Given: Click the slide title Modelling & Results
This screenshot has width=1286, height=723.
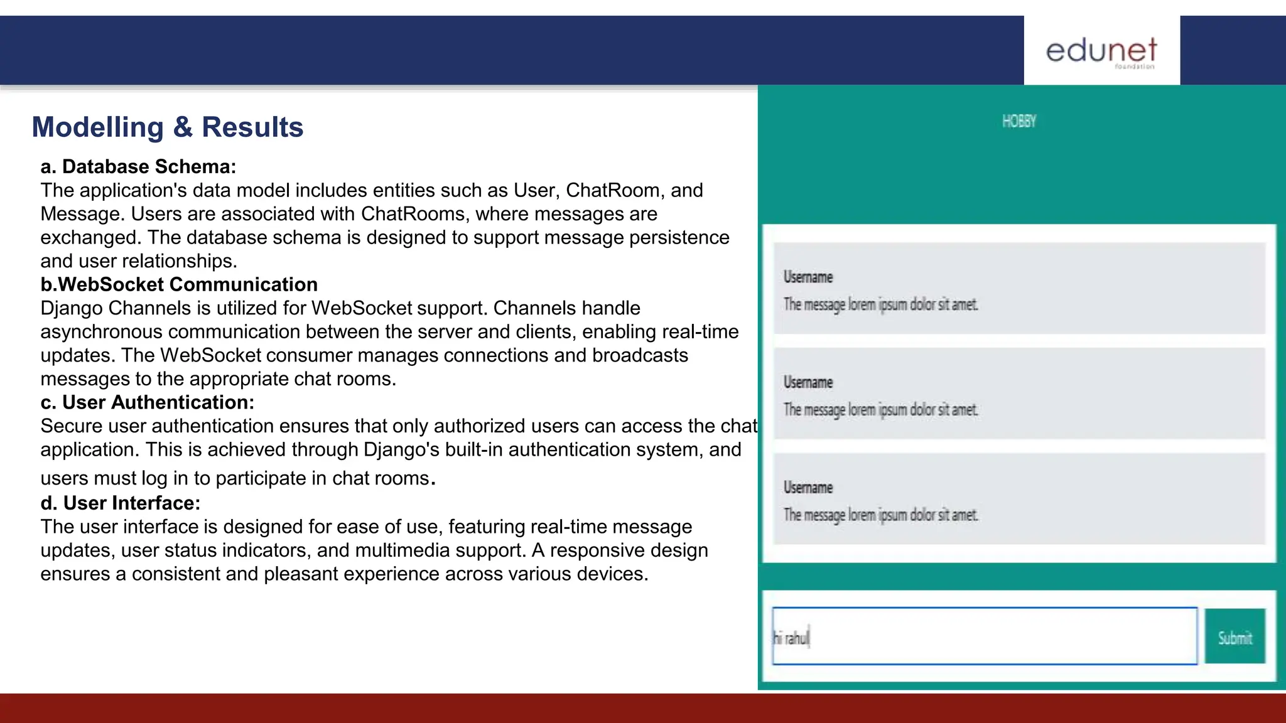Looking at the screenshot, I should (168, 127).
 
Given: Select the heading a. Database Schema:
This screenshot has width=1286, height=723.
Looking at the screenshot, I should (138, 166).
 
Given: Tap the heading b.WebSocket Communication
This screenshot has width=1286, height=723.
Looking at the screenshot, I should (179, 284).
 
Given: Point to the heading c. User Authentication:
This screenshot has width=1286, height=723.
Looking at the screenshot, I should (148, 402).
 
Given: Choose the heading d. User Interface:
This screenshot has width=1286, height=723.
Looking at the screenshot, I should (121, 503).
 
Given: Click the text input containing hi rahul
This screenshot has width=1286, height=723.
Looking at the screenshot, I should (984, 636).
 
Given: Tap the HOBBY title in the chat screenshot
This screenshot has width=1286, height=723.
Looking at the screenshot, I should (1019, 121).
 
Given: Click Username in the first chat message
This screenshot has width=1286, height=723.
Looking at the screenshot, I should (808, 277).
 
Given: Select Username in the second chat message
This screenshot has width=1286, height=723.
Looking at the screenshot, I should (808, 382).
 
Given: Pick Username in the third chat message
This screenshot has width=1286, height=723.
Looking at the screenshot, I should (808, 488).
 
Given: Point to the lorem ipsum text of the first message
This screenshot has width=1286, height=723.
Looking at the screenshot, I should (880, 305).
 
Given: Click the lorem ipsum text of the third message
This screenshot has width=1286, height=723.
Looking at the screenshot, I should (880, 515).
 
